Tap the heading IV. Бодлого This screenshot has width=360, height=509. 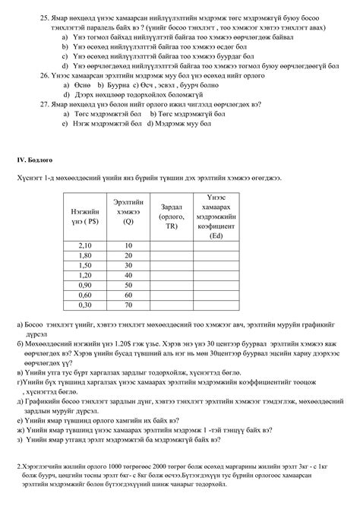coord(35,160)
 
